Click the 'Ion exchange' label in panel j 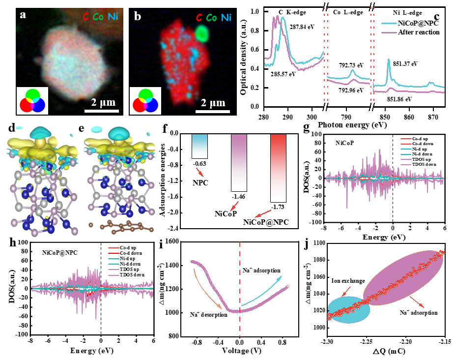(348, 281)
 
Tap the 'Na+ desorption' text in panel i (209, 315)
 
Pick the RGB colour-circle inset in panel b (146, 99)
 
